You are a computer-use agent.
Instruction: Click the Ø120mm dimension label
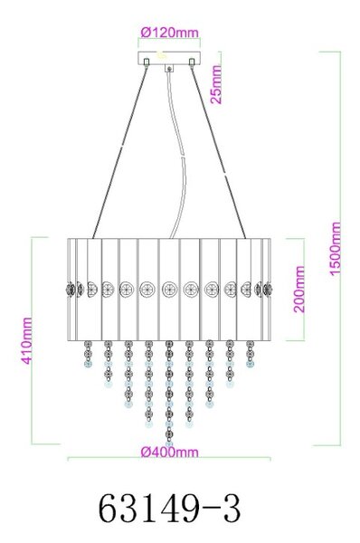click(x=170, y=33)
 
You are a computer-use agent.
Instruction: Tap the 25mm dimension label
click(x=216, y=84)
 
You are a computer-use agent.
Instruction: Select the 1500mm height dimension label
click(x=335, y=249)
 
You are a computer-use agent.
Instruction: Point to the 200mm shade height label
click(x=299, y=290)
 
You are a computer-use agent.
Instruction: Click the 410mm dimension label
click(x=26, y=341)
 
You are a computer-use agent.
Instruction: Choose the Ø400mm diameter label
click(x=170, y=452)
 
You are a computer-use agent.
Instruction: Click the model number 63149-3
click(x=170, y=510)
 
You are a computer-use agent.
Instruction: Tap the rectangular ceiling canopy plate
click(x=169, y=58)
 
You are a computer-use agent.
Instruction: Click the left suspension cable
click(x=119, y=151)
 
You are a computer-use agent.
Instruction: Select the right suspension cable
click(x=218, y=151)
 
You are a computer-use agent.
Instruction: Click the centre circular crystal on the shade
click(x=170, y=289)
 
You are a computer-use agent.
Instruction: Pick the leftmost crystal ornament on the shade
click(x=71, y=289)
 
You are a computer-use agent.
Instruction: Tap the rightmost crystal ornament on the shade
click(x=268, y=289)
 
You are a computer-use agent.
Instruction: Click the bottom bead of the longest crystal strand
click(x=169, y=443)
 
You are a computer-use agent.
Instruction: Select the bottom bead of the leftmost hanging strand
click(x=89, y=364)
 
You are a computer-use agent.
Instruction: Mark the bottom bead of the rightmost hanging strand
click(x=250, y=364)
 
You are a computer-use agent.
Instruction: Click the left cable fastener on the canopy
click(x=147, y=62)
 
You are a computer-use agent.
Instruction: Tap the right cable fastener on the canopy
click(x=192, y=62)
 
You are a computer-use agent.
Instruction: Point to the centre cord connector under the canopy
click(x=169, y=68)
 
